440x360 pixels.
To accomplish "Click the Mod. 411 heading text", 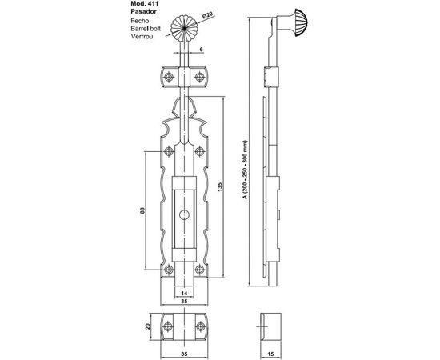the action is (145, 4).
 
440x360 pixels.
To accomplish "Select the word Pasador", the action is (143, 12).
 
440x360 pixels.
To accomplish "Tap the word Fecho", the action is (140, 21).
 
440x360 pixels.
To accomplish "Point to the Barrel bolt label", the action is (146, 29).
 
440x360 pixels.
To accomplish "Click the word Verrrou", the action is (142, 37).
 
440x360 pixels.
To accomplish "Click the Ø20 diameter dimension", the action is (207, 15).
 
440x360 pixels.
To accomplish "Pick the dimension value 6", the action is (201, 50).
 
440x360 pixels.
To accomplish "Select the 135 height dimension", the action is (220, 187).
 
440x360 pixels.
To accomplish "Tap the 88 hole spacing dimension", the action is (142, 210).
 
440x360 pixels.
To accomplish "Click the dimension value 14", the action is (184, 294).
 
